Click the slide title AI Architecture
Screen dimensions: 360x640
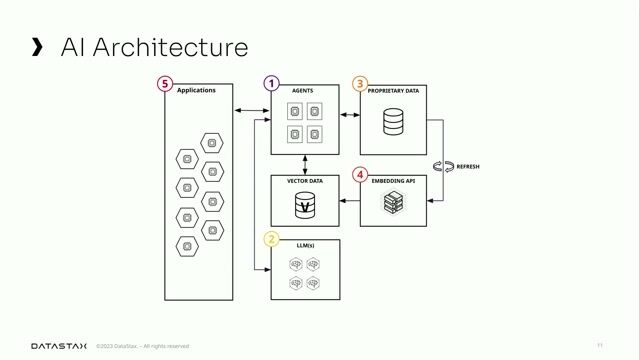[x=154, y=47]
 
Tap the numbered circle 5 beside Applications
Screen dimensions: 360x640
[x=165, y=84]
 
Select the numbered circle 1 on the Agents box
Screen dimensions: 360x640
[x=271, y=84]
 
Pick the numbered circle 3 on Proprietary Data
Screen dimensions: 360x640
[x=360, y=84]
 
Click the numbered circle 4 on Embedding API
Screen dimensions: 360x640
[x=360, y=173]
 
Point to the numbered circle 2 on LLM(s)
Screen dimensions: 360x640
[x=271, y=239]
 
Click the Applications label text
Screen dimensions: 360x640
[x=196, y=91]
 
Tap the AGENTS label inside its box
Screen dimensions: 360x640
[x=302, y=91]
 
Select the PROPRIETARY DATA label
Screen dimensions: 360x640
[x=393, y=91]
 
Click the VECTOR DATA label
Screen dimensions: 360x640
[x=304, y=181]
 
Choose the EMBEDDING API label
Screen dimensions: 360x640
[x=393, y=181]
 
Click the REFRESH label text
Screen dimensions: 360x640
[x=468, y=166]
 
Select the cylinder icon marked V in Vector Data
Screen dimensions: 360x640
[x=304, y=207]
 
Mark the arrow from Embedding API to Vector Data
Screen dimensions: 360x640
[x=350, y=201]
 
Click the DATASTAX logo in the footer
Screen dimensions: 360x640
[x=59, y=346]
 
